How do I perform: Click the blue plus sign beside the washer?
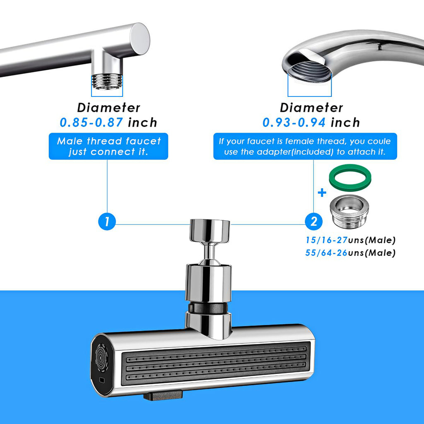click(322, 193)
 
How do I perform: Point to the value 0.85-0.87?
click(92, 123)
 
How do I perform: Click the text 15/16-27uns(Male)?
click(350, 240)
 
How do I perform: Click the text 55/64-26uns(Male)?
click(350, 253)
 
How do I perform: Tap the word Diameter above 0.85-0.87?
click(108, 108)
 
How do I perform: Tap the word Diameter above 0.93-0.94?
click(311, 108)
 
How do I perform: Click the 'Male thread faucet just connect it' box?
click(108, 146)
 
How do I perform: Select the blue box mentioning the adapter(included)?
click(305, 146)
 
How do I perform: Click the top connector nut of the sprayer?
click(210, 230)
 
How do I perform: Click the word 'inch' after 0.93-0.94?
click(345, 123)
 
